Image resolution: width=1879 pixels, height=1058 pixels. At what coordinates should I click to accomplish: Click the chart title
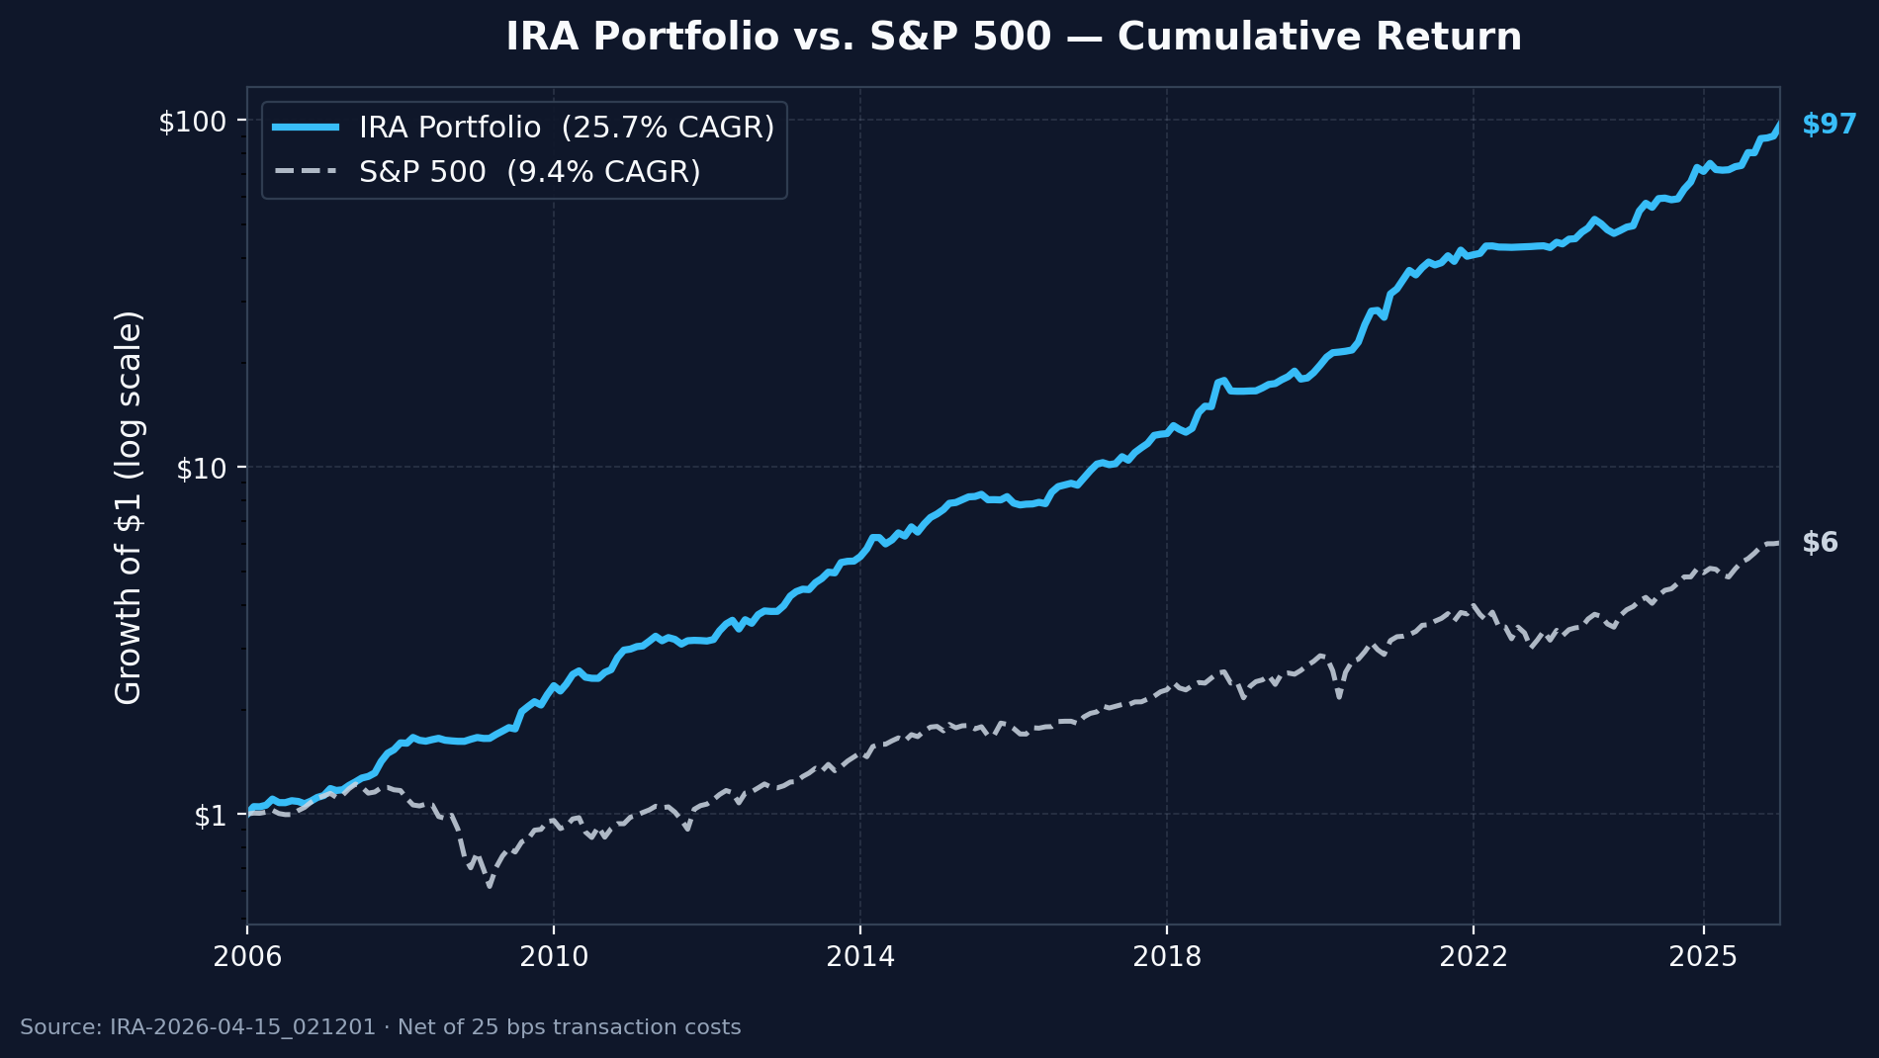(1014, 38)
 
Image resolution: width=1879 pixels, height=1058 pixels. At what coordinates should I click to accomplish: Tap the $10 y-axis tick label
(200, 469)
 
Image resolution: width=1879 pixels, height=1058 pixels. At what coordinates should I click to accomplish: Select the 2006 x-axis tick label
(247, 956)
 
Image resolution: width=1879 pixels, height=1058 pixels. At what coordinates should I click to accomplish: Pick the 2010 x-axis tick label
(554, 956)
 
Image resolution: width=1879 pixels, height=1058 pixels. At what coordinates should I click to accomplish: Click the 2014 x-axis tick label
(860, 956)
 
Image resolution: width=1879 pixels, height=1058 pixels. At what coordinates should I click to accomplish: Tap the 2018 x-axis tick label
(1167, 956)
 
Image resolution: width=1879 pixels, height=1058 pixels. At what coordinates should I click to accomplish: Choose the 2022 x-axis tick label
(1474, 956)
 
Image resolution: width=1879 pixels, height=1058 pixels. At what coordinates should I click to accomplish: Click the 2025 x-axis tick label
(1703, 956)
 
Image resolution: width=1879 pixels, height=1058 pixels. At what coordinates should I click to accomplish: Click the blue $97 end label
(1829, 125)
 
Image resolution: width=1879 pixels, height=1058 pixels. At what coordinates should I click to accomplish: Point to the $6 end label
(1820, 543)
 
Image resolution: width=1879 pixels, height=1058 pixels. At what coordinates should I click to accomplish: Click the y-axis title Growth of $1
(130, 507)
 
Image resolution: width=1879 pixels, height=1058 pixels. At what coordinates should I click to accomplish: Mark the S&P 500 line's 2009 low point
(489, 886)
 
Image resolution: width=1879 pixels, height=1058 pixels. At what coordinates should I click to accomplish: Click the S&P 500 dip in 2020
(1339, 696)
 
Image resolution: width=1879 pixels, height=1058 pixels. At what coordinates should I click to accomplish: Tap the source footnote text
(381, 1027)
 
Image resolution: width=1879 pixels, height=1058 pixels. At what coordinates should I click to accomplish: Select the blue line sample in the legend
(306, 128)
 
